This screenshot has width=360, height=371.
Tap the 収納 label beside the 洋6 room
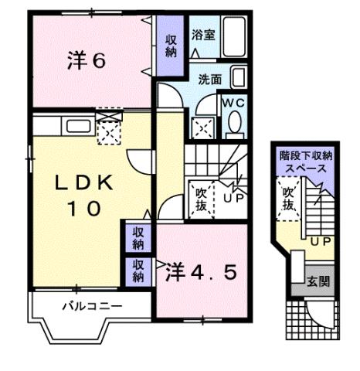click(x=170, y=46)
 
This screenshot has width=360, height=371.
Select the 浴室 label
click(x=203, y=35)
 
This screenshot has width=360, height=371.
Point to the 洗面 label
click(x=209, y=79)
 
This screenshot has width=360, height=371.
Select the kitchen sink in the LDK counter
click(x=77, y=125)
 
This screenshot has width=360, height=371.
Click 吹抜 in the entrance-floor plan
click(x=288, y=199)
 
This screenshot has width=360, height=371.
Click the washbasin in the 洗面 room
click(x=239, y=78)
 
